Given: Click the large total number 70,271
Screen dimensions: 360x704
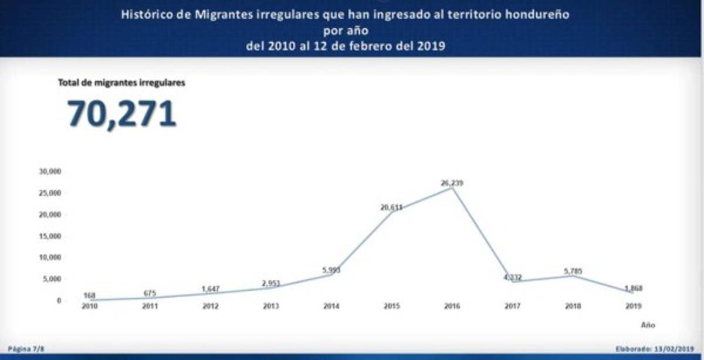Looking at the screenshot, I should [122, 114].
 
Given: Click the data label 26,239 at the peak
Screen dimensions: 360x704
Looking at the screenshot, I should [452, 183].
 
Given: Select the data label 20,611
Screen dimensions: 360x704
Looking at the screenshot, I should [391, 207].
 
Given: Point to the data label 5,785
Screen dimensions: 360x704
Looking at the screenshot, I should [572, 271].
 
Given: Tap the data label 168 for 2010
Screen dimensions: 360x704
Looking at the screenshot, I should [89, 295].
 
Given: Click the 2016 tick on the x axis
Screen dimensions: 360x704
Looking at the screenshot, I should [452, 306].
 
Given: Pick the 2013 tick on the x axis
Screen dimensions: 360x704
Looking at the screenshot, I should [270, 306].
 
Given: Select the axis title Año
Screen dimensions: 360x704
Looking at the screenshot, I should [648, 324].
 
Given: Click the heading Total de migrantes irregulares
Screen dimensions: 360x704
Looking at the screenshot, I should [121, 83].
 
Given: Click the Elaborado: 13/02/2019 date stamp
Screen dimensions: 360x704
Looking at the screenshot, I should [654, 349].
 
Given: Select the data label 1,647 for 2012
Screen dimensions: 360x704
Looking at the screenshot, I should [209, 288].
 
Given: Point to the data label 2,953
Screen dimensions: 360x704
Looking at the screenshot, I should [270, 283].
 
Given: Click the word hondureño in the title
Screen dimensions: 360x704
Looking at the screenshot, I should [540, 15].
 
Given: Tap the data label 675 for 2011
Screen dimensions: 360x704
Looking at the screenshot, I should [149, 293].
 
